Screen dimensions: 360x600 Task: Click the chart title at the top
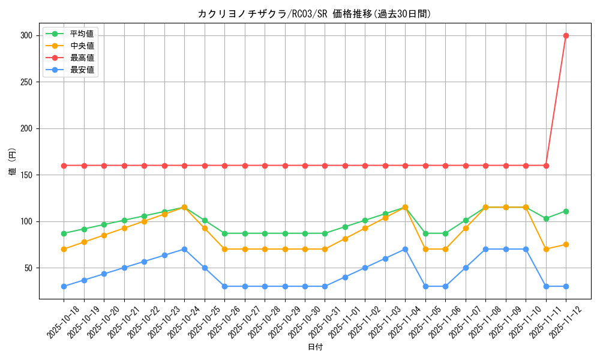[314, 14]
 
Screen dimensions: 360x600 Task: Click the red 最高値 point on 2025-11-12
[566, 35]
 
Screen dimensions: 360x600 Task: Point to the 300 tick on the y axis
[26, 35]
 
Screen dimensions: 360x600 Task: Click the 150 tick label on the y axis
[26, 175]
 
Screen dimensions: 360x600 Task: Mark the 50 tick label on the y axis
[29, 268]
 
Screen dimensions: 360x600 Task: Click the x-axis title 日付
[315, 347]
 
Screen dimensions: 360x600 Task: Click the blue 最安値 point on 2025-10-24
[184, 249]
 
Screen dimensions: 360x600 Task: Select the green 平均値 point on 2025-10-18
[64, 233]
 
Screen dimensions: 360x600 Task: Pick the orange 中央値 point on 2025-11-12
[566, 244]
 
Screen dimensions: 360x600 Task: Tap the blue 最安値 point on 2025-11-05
[425, 286]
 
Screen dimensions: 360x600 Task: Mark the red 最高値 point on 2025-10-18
[64, 166]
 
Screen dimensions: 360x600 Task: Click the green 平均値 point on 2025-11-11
[546, 218]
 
